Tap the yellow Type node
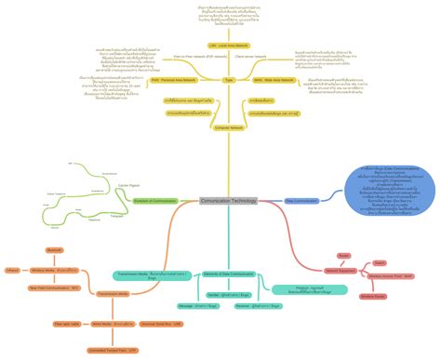point(228,81)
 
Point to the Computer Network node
point(228,127)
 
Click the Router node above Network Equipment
point(343,254)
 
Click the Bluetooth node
point(54,250)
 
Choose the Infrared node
point(13,271)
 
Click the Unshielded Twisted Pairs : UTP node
point(112,350)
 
